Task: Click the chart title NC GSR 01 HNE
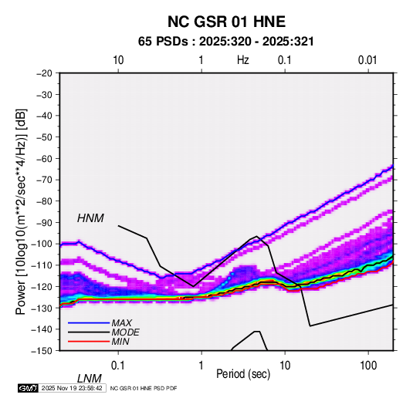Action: pyautogui.click(x=226, y=22)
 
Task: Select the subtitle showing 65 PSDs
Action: pyautogui.click(x=226, y=42)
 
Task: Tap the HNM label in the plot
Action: pyautogui.click(x=90, y=218)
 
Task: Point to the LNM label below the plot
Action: pyautogui.click(x=89, y=379)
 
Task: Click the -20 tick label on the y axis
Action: pyautogui.click(x=44, y=73)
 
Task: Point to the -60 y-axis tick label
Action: pyautogui.click(x=44, y=158)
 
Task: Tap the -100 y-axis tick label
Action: pyautogui.click(x=42, y=244)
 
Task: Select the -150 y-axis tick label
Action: pyautogui.click(x=42, y=351)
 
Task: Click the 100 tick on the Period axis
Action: pyautogui.click(x=368, y=366)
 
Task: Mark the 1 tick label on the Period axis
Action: pyautogui.click(x=201, y=366)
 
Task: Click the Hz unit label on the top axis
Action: pyautogui.click(x=243, y=60)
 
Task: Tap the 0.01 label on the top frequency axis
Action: pyautogui.click(x=367, y=60)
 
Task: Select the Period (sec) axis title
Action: pyautogui.click(x=243, y=374)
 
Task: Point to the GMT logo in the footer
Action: pyautogui.click(x=29, y=388)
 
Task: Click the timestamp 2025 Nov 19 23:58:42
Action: pyautogui.click(x=72, y=388)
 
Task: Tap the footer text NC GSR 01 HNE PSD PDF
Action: pyautogui.click(x=144, y=388)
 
